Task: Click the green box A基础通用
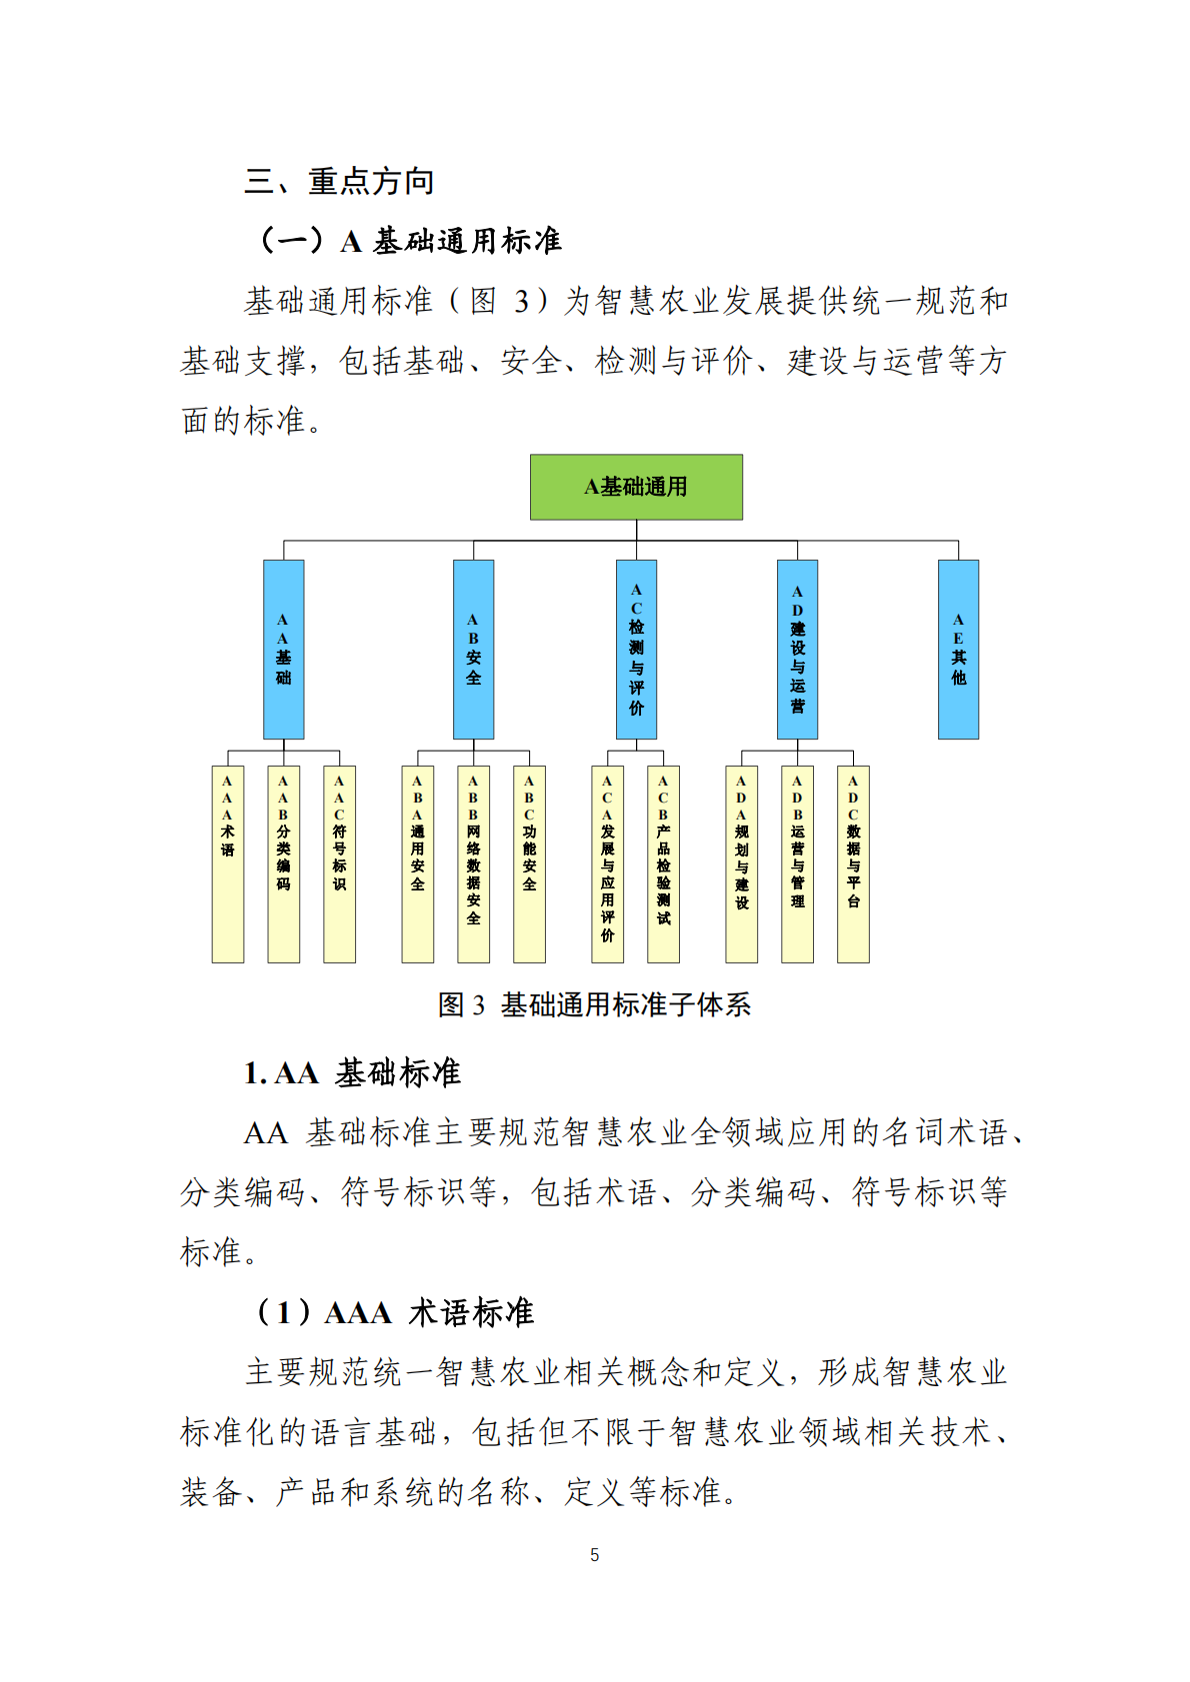(x=636, y=487)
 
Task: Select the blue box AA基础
(x=284, y=649)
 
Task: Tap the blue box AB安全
(x=473, y=649)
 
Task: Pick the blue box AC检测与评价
(x=636, y=649)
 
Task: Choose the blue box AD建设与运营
(x=797, y=649)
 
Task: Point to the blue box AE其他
(x=958, y=649)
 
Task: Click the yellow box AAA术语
(x=228, y=863)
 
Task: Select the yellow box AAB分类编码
(x=284, y=863)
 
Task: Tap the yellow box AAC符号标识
(x=340, y=863)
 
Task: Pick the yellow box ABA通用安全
(x=418, y=863)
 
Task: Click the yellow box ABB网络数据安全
(x=473, y=863)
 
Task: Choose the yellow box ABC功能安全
(x=529, y=863)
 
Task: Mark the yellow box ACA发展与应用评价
(x=607, y=863)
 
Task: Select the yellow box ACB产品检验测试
(x=663, y=863)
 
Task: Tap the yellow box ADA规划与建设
(x=741, y=863)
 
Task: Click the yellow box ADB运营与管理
(x=797, y=863)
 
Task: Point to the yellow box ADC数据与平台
(x=853, y=863)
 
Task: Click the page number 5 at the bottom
(x=595, y=1555)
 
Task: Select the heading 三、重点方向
(x=340, y=182)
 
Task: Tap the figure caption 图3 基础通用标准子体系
(x=594, y=1005)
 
